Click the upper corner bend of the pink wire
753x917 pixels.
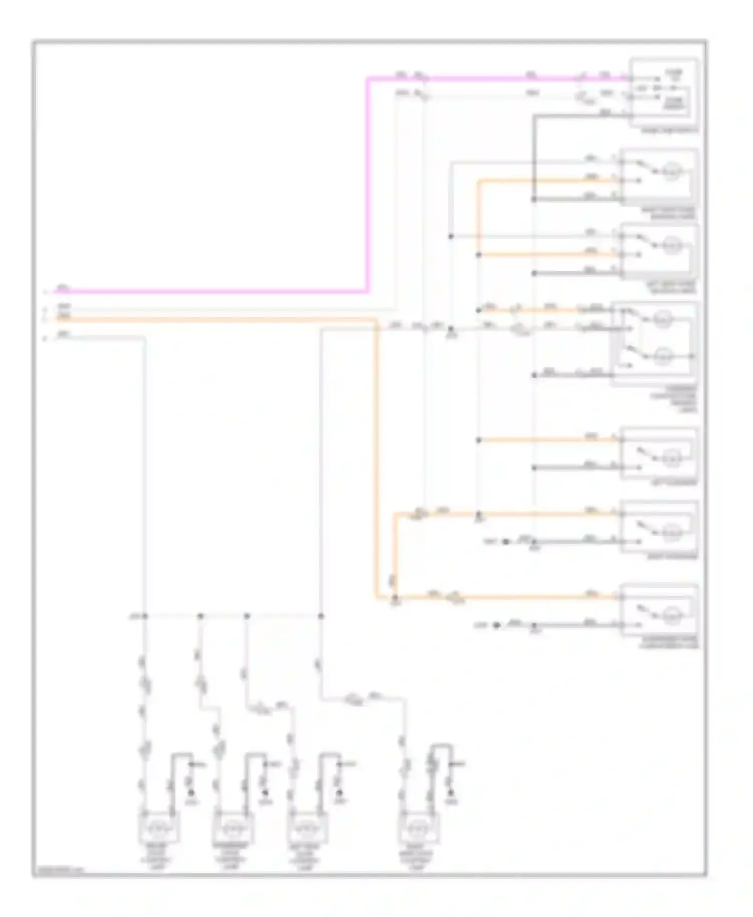[x=368, y=79]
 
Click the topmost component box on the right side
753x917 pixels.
[x=664, y=91]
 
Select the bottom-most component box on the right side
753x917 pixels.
[x=659, y=610]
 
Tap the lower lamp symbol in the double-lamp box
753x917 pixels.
[x=662, y=357]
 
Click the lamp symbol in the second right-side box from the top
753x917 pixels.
[x=671, y=173]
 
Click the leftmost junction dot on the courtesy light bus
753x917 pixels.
[x=145, y=616]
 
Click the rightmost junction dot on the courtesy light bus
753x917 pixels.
[x=321, y=616]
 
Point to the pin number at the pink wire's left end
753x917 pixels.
[x=45, y=291]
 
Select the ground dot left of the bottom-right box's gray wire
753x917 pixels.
[x=496, y=626]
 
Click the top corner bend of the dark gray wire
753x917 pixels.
[x=534, y=116]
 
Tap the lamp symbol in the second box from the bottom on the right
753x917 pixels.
[x=671, y=533]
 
